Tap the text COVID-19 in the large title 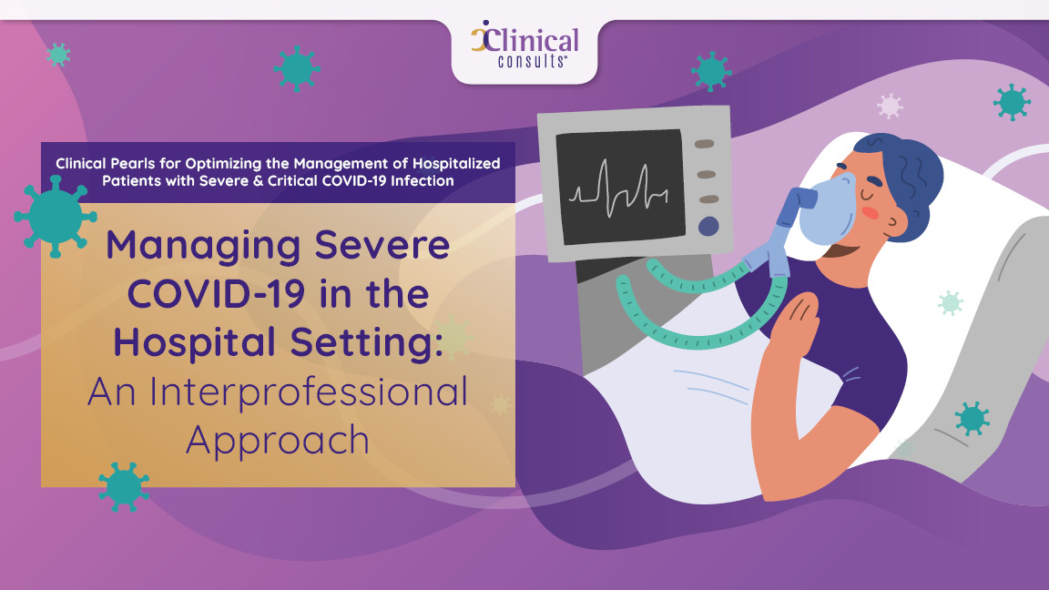point(217,294)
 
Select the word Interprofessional point(309,392)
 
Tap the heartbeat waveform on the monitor point(619,189)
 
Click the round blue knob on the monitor point(708,226)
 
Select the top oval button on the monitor point(704,144)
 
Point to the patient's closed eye point(869,195)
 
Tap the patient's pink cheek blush point(870,213)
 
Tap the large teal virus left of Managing point(56,216)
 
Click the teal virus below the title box point(124,486)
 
